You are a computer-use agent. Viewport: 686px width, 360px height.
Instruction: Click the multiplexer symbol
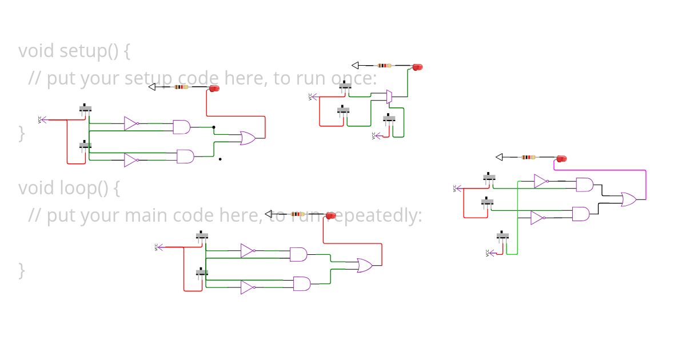pyautogui.click(x=389, y=97)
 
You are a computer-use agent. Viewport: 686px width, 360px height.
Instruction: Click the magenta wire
pyautogui.click(x=645, y=183)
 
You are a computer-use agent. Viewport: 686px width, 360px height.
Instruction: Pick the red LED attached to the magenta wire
pyautogui.click(x=561, y=158)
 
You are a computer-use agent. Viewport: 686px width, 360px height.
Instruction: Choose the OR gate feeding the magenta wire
pyautogui.click(x=629, y=199)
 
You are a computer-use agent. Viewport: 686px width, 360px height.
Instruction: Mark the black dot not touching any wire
pyautogui.click(x=220, y=159)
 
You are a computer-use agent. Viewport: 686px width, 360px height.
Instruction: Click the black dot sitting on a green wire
pyautogui.click(x=213, y=127)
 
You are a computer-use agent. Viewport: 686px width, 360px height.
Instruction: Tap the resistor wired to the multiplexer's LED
pyautogui.click(x=385, y=66)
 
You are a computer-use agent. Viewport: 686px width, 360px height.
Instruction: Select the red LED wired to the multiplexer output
pyautogui.click(x=417, y=67)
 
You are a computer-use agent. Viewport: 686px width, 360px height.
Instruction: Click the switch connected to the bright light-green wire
pyautogui.click(x=502, y=236)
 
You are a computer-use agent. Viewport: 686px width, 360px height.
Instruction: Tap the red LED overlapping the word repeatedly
pyautogui.click(x=330, y=215)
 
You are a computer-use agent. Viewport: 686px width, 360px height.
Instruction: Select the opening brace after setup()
pyautogui.click(x=126, y=51)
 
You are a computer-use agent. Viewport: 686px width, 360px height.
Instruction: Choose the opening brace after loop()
pyautogui.click(x=116, y=188)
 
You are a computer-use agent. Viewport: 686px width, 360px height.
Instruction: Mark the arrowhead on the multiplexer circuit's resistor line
pyautogui.click(x=355, y=66)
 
